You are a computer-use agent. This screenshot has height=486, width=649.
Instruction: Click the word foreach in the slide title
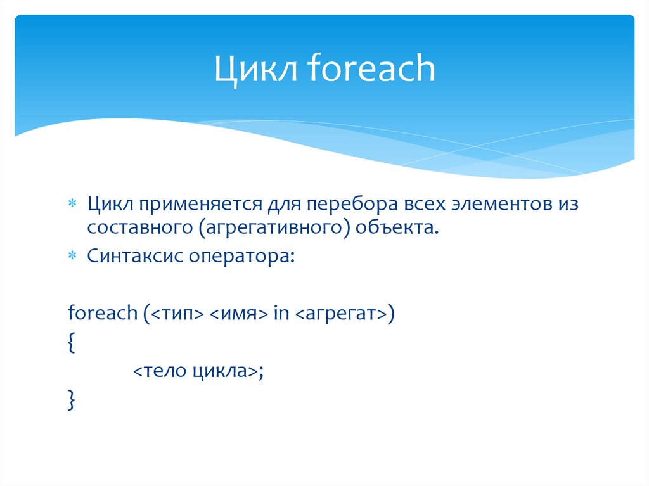[x=372, y=69]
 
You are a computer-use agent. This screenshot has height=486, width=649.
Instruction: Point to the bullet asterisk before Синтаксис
[x=72, y=256]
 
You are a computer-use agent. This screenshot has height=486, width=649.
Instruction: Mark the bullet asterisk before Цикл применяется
[x=72, y=203]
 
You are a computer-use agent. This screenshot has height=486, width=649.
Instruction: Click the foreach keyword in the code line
[x=102, y=313]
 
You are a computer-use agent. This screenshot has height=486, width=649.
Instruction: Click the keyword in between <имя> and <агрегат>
[x=280, y=313]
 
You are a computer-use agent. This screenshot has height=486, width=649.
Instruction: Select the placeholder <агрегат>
[x=340, y=314]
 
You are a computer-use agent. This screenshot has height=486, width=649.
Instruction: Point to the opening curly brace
[x=70, y=343]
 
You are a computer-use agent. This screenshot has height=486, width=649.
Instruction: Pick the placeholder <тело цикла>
[x=195, y=371]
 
